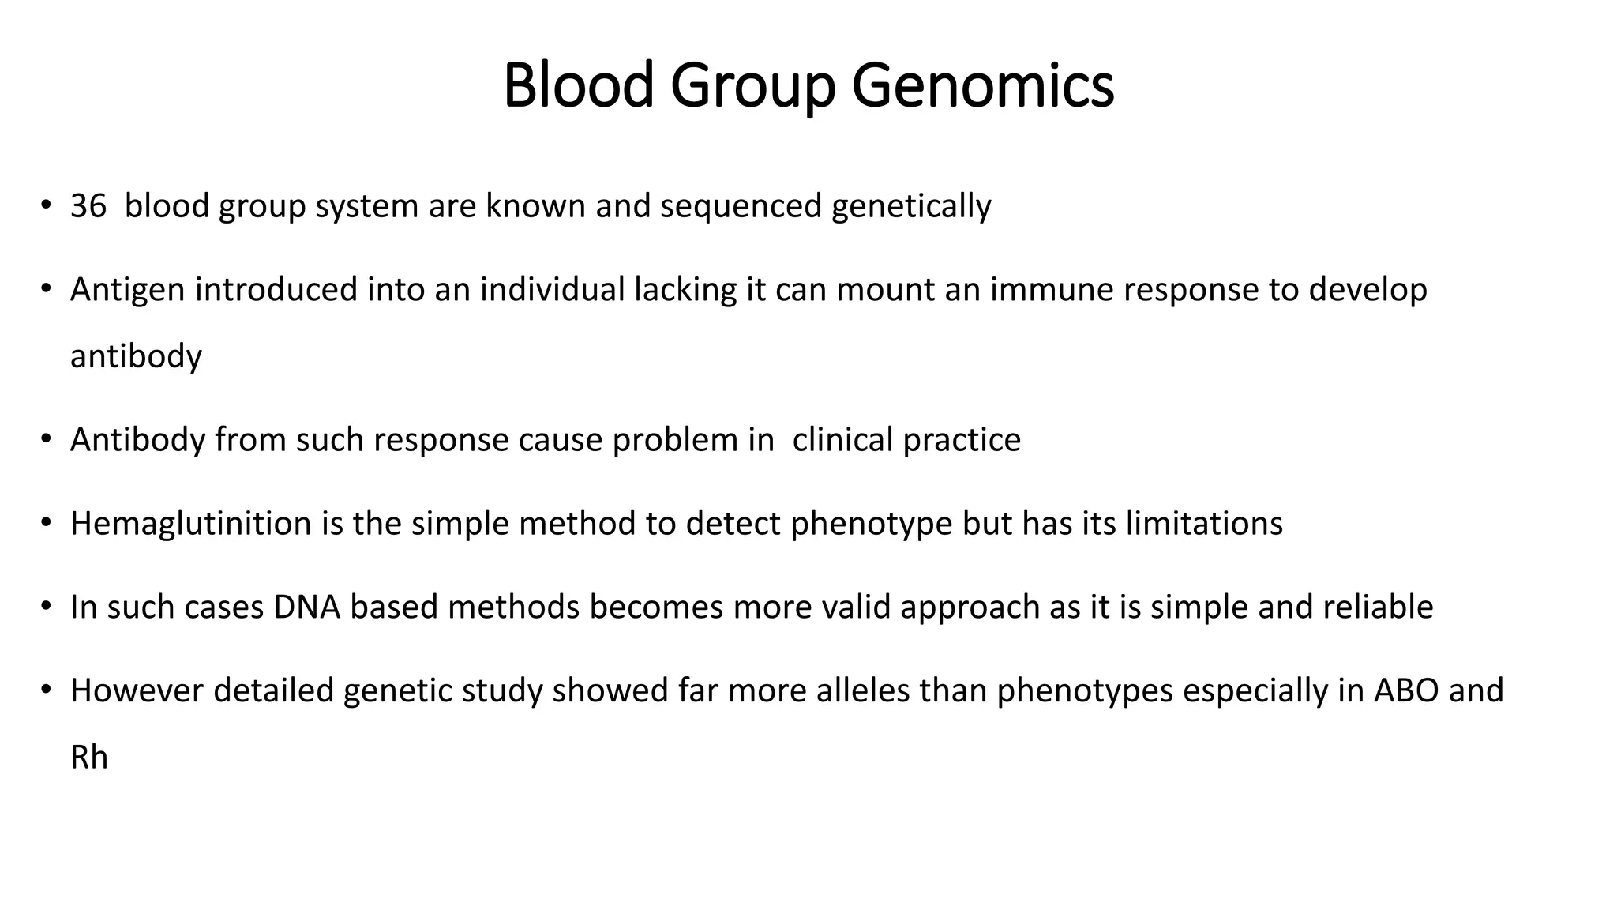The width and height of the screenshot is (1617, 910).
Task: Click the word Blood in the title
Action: (579, 85)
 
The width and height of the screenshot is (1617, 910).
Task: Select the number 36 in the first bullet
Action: (88, 206)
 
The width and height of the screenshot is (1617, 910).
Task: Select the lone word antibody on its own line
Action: (136, 356)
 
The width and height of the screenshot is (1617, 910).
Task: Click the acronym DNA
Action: (307, 607)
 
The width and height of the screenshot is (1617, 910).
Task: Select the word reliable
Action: (1378, 607)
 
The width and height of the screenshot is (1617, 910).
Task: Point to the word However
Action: (137, 691)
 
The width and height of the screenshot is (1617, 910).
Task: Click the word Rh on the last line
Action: (88, 758)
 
